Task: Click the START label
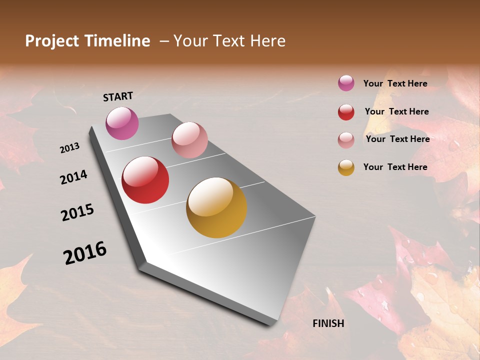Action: coord(118,96)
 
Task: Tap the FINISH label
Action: coord(328,323)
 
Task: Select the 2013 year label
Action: coord(69,148)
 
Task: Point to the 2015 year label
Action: coord(77,212)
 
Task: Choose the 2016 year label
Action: coord(85,253)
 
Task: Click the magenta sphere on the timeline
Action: coord(122,123)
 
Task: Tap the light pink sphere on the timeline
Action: coord(189,140)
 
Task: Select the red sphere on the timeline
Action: coord(145,180)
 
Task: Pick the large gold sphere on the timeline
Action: coord(216,207)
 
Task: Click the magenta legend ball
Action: coord(346,83)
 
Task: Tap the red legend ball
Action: coord(346,112)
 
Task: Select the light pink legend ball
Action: coord(346,139)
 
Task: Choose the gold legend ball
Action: coord(346,167)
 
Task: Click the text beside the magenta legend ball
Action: coord(395,83)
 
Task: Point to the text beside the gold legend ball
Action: coord(395,167)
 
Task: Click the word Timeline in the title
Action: coord(118,41)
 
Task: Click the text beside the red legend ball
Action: coord(396,111)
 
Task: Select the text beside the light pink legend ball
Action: coord(397,139)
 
